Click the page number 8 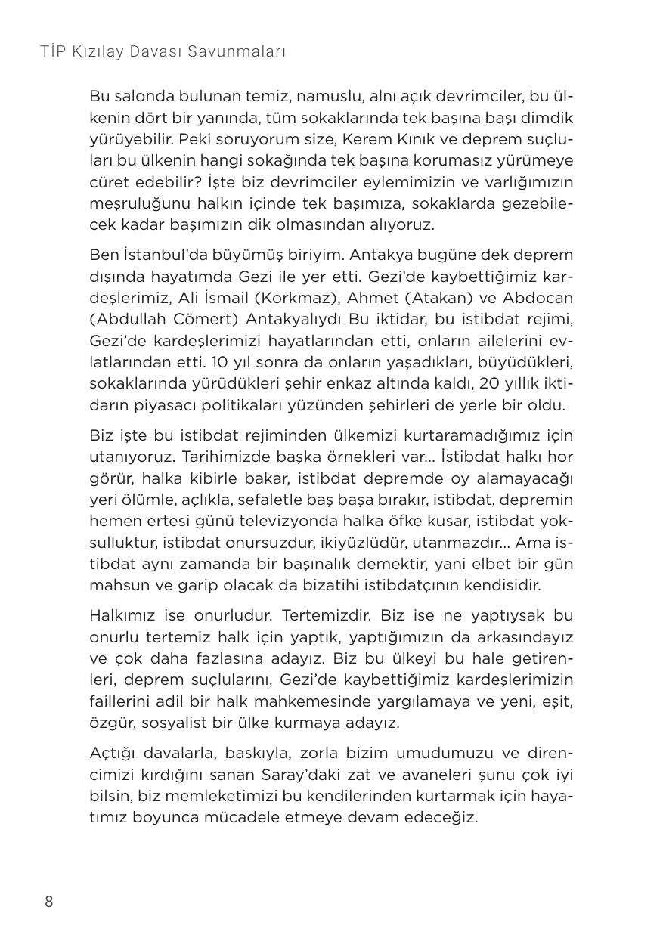coord(49,902)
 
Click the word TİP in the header coord(54,52)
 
